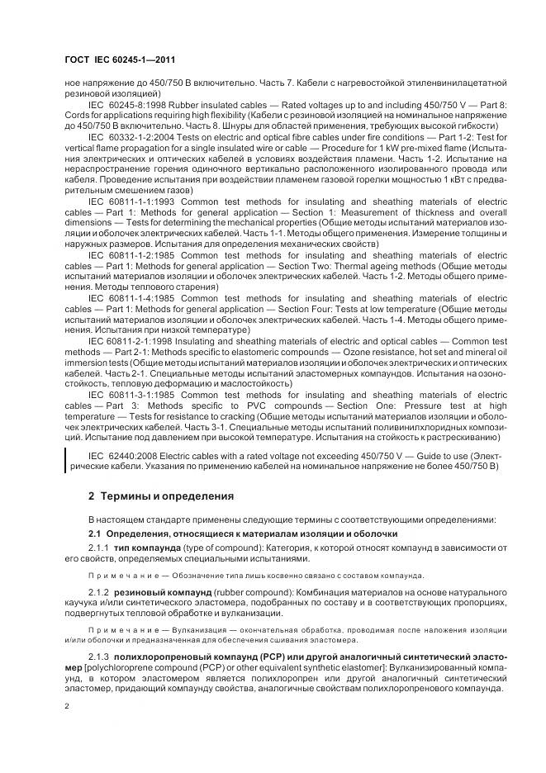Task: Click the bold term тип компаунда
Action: click(146, 548)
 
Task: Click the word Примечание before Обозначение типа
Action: click(117, 575)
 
